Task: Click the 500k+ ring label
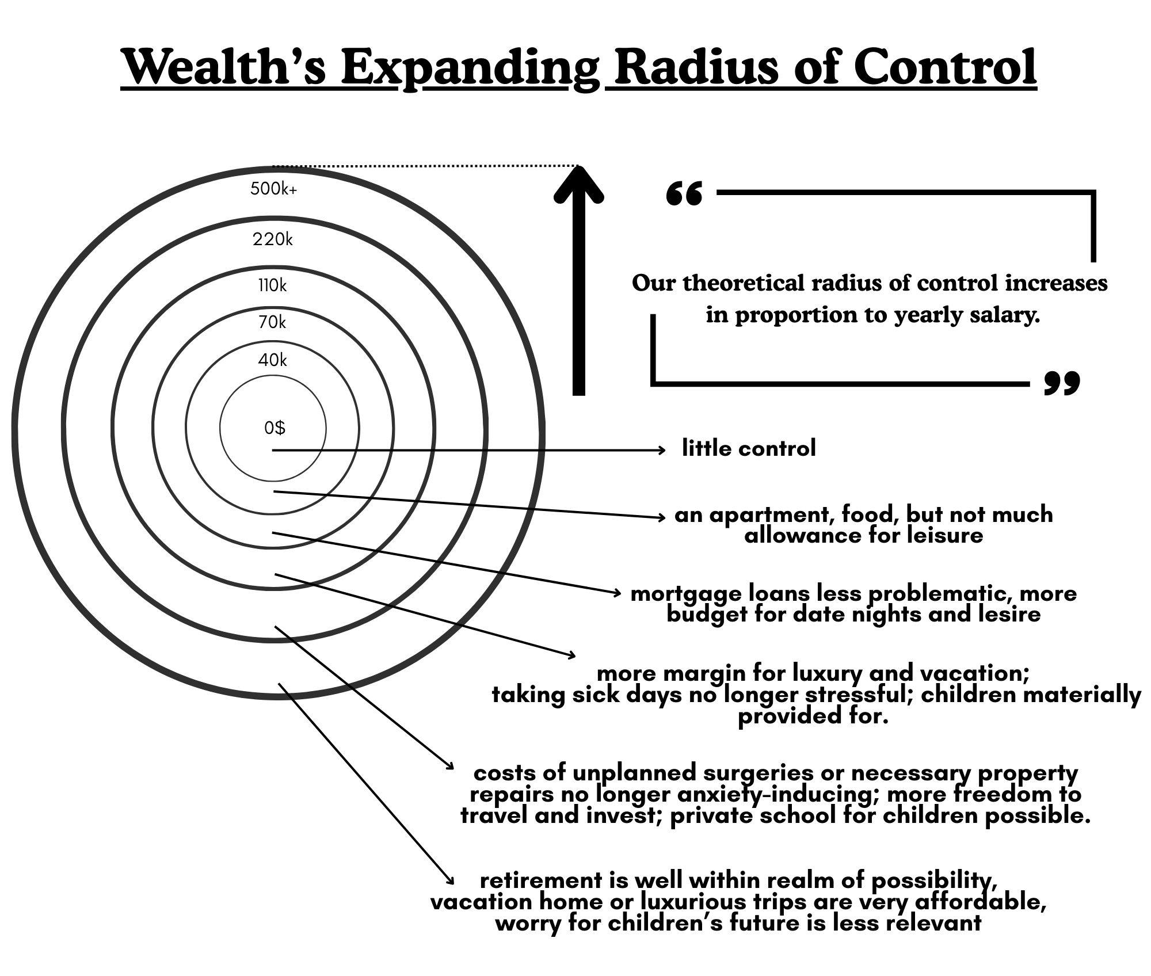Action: click(x=273, y=189)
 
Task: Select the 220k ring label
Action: click(x=272, y=239)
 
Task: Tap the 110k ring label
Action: click(x=272, y=285)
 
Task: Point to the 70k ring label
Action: click(x=272, y=322)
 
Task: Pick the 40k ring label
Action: click(x=272, y=360)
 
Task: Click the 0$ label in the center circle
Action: click(x=275, y=428)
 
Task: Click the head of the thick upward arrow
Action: click(x=579, y=184)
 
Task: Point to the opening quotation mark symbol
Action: click(x=684, y=195)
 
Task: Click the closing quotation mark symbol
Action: click(x=1062, y=383)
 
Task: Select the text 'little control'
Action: click(x=749, y=448)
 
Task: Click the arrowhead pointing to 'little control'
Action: click(x=662, y=449)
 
